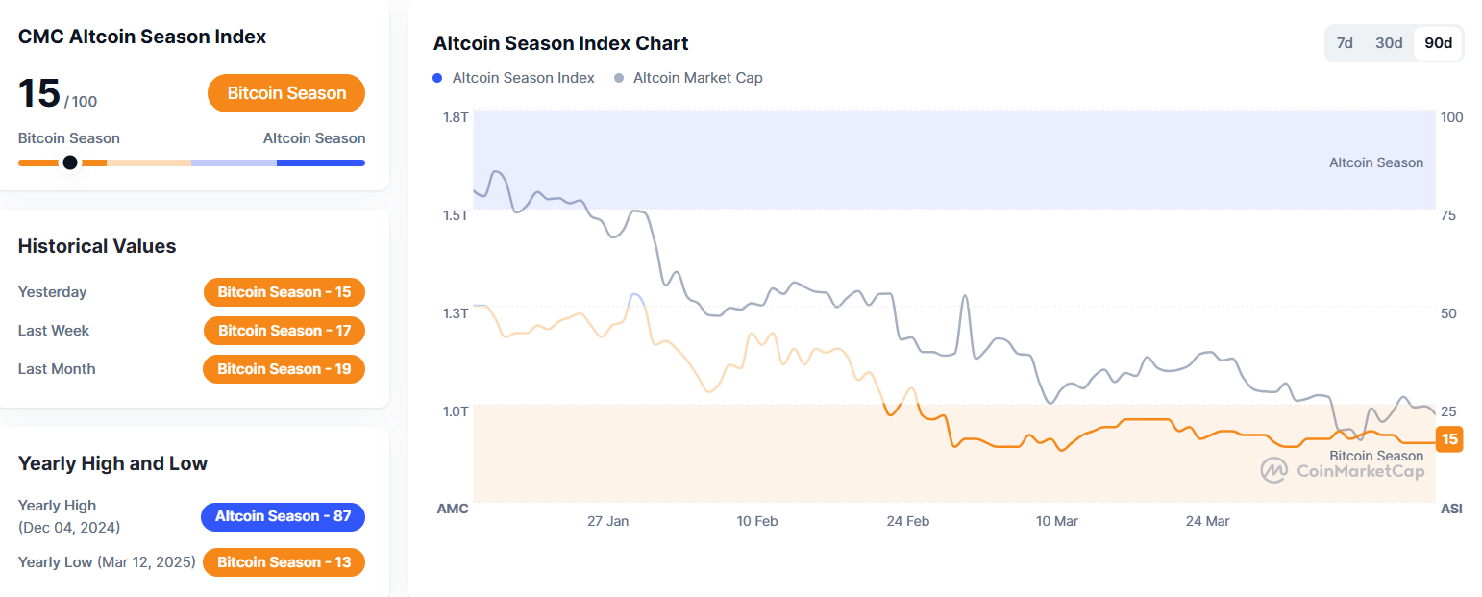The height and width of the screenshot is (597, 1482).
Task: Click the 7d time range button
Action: coord(1345,43)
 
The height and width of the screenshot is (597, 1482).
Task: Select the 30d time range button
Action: coord(1389,43)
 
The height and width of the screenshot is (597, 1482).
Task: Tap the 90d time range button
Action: coord(1438,43)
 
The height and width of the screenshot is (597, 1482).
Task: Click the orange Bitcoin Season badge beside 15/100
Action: coord(286,93)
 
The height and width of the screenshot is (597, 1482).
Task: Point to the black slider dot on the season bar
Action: coord(70,162)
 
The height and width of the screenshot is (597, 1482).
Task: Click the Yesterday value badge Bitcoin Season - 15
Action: coord(284,292)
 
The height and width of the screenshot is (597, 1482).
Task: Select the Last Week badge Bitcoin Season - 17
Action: coord(284,331)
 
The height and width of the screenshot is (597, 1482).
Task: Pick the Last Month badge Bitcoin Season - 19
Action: coord(284,369)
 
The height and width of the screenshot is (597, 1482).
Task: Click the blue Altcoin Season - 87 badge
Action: coord(283,516)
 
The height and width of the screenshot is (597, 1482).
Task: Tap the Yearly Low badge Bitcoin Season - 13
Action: coord(284,562)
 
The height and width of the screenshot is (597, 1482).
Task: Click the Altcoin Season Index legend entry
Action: coord(514,78)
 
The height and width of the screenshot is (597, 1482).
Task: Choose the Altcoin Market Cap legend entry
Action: coord(688,78)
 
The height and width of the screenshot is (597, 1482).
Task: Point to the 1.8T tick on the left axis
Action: coord(455,117)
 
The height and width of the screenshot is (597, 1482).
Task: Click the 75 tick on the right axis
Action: coord(1447,215)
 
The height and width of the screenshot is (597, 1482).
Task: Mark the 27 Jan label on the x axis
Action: coord(607,521)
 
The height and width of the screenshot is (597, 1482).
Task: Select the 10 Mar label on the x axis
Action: coord(1056,521)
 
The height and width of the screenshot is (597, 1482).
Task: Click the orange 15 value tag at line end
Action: coord(1449,439)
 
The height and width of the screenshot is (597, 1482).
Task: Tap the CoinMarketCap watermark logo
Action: coord(1274,470)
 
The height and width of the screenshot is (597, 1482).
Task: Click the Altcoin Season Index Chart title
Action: coord(560,43)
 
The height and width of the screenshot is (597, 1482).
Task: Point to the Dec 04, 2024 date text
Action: coord(69,528)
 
